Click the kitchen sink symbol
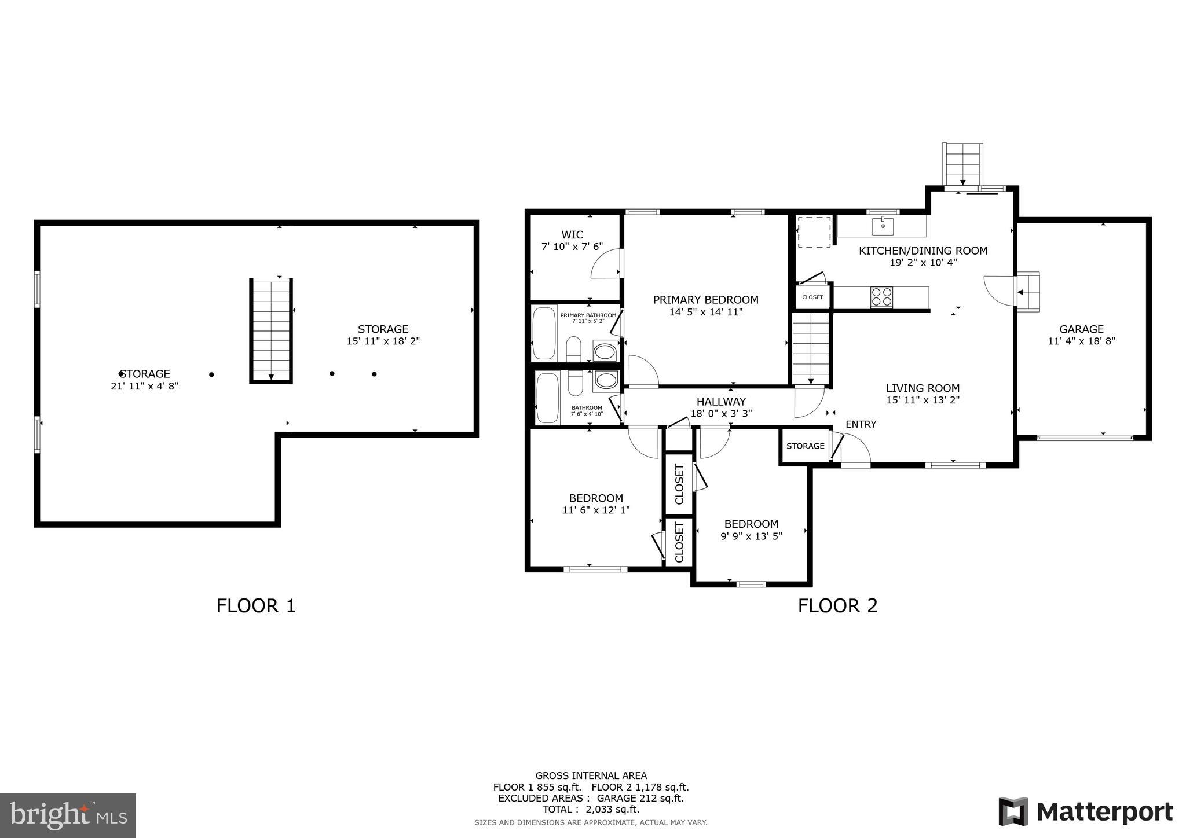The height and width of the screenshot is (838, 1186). [x=883, y=226]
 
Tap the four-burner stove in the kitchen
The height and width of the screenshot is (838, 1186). [x=881, y=297]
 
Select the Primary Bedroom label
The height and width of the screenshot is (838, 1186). [x=705, y=300]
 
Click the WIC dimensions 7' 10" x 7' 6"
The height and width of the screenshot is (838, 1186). [x=572, y=247]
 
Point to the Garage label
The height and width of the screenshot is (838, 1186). [x=1081, y=329]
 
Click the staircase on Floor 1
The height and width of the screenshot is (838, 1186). [x=271, y=330]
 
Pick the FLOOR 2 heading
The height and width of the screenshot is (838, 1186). [x=837, y=606]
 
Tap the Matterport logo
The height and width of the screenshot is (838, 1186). [x=1085, y=811]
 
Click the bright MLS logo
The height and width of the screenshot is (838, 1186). [x=68, y=815]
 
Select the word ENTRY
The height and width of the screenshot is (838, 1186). [x=861, y=424]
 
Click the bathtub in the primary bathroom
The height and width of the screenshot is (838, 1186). [x=544, y=334]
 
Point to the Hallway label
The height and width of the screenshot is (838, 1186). [x=721, y=402]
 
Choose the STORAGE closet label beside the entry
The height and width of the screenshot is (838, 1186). [x=805, y=446]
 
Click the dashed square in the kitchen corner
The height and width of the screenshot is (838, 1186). [x=814, y=231]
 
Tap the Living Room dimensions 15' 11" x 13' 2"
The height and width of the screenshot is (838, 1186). [x=923, y=400]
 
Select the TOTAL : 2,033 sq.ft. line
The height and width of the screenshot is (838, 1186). [x=591, y=810]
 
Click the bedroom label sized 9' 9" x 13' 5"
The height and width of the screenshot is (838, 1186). [x=751, y=524]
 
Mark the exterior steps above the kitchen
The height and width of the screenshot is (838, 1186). [x=962, y=164]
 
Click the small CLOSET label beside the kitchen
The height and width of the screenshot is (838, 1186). [x=812, y=297]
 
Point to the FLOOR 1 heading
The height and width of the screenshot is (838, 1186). [x=256, y=606]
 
